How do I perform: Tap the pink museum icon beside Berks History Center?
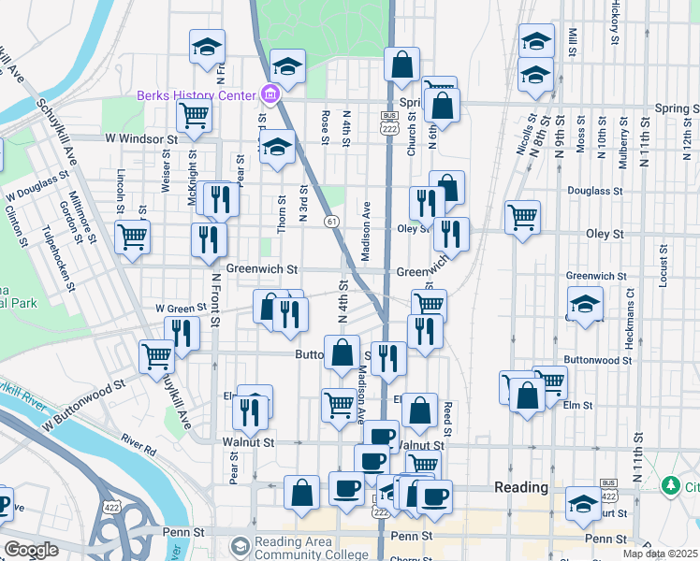[270, 94]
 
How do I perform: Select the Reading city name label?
[521, 487]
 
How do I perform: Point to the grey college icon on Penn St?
[241, 545]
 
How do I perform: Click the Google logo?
[31, 550]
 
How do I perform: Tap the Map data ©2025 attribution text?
[659, 554]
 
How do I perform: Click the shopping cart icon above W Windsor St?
[194, 115]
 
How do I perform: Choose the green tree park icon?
[670, 486]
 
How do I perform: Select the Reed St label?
[447, 417]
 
